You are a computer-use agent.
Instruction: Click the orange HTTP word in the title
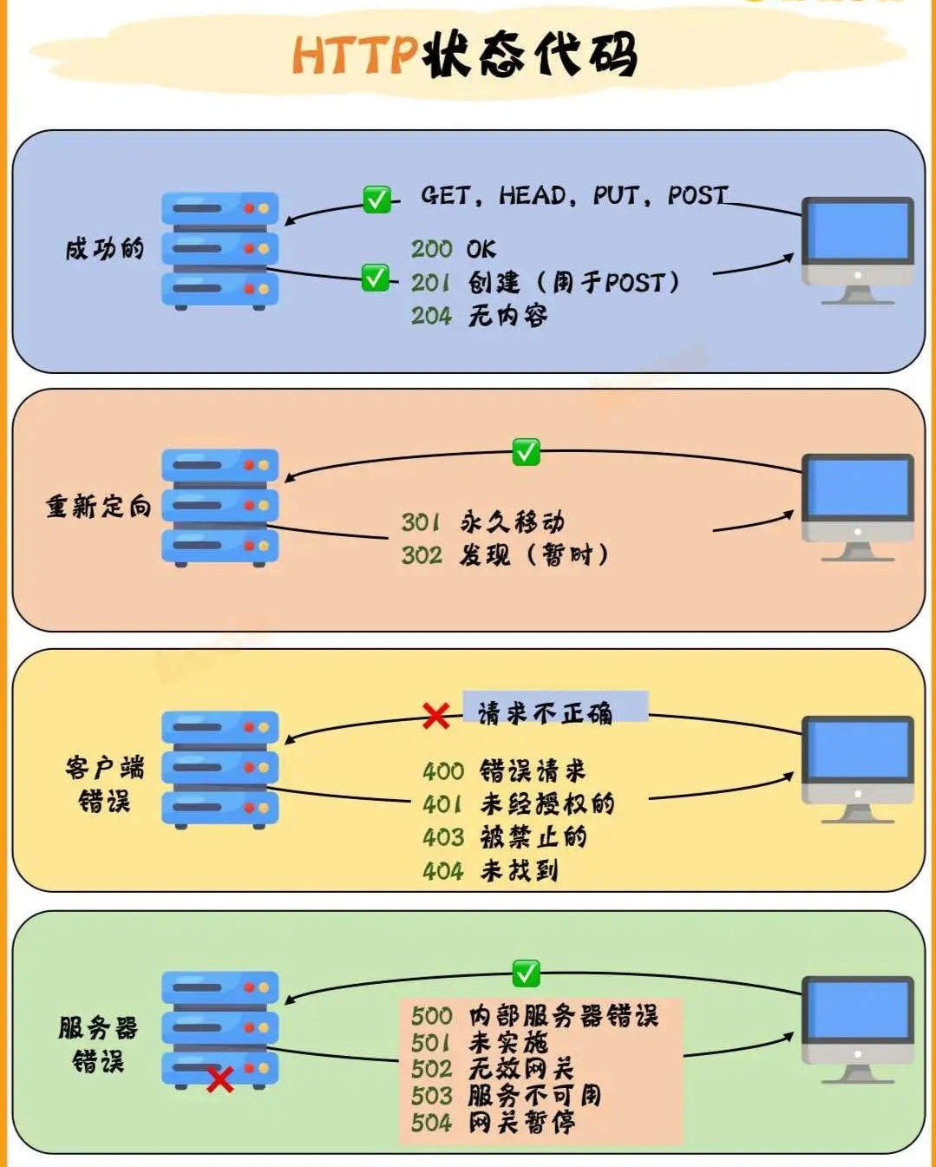[356, 55]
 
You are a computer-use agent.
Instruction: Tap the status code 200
[432, 249]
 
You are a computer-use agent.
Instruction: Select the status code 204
[432, 316]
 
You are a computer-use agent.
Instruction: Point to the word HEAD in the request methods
[533, 195]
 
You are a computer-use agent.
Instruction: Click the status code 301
[421, 522]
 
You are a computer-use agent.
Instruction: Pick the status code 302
[422, 555]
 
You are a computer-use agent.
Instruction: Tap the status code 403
[443, 837]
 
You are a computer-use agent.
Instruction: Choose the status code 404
[443, 871]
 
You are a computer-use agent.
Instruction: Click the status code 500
[432, 1016]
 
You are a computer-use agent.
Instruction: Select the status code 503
[432, 1096]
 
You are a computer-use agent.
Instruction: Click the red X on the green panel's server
[220, 1079]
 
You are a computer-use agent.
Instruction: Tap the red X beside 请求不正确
[436, 716]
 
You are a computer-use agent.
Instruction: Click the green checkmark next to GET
[376, 200]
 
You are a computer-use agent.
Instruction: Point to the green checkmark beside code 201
[376, 278]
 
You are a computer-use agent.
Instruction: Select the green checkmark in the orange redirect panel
[526, 452]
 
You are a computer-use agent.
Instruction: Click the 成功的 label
[105, 249]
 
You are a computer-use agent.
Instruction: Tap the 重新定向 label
[99, 507]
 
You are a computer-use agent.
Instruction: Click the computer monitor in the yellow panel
[858, 770]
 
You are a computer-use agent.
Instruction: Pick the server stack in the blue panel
[220, 251]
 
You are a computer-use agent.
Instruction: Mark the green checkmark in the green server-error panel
[526, 974]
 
